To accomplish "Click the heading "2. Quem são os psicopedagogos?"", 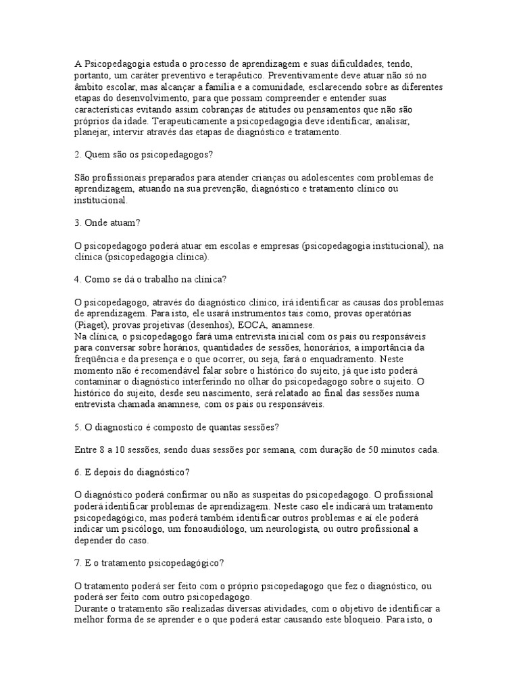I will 143,155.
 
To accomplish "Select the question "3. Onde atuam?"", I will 107,223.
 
